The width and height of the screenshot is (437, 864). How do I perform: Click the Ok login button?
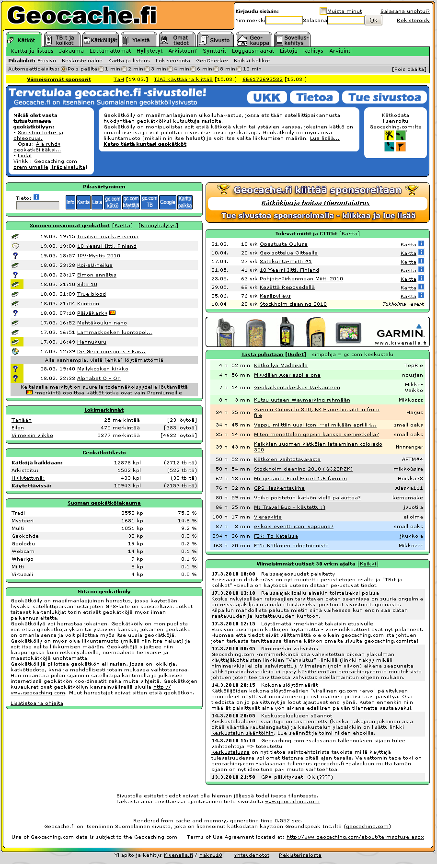point(373,20)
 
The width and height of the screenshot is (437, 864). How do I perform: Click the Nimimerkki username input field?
point(284,20)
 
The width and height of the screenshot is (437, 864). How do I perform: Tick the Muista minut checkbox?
point(324,11)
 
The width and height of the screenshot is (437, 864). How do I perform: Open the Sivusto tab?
point(215,40)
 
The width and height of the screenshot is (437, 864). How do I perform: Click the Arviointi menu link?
point(340,51)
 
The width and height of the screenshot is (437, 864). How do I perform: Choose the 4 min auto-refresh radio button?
point(170,69)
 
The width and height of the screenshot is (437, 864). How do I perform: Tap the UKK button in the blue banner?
point(267,97)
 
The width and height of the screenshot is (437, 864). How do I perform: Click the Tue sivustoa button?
point(384,97)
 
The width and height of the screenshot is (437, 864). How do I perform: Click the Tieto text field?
point(37,205)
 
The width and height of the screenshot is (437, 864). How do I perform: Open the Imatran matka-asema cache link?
point(107,237)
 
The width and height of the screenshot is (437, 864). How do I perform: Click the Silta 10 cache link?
point(87,285)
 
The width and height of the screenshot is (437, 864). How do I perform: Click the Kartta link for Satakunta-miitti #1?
point(408,262)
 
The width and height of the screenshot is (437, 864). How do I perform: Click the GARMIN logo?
point(400,334)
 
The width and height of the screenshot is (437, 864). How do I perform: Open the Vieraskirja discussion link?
point(267,517)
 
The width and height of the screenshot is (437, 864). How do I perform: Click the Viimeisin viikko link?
point(32,436)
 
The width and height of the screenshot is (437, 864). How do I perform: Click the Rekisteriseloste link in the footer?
point(300,855)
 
